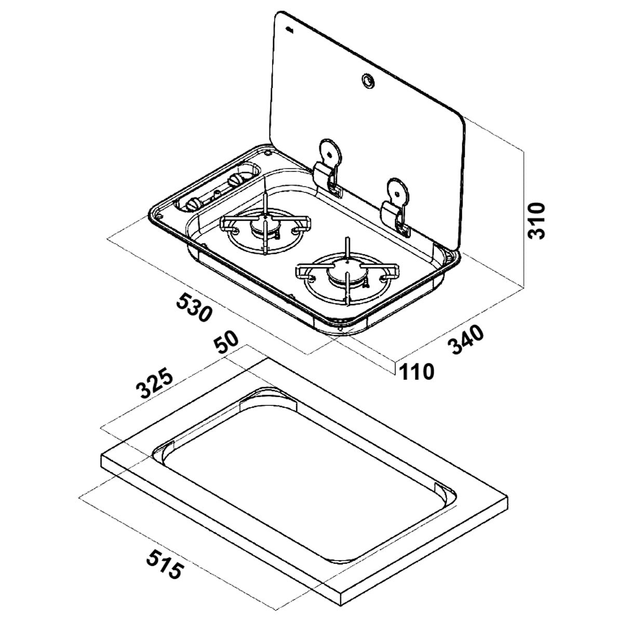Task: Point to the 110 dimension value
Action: pos(415,372)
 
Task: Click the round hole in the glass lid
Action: pos(368,80)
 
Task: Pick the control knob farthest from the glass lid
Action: pos(193,204)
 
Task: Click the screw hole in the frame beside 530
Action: pos(158,213)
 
